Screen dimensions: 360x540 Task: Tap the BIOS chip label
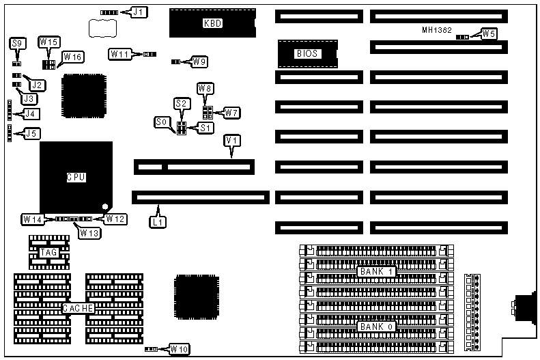(307, 53)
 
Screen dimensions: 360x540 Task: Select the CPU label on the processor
(76, 177)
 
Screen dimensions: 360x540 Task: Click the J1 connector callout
(158, 12)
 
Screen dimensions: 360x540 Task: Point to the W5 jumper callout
(488, 33)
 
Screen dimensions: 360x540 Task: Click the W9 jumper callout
(199, 62)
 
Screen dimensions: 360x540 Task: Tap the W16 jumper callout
(72, 57)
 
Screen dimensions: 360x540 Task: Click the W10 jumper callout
(180, 349)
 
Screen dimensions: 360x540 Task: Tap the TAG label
(48, 253)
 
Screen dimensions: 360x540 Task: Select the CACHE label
(78, 309)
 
